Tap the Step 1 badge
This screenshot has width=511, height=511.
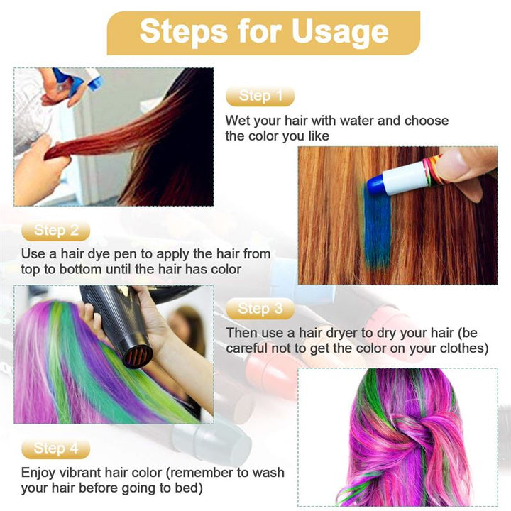click(x=260, y=96)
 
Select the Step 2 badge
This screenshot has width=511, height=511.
click(x=56, y=230)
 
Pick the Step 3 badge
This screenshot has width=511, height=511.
click(x=260, y=308)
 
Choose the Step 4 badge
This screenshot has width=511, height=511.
click(x=56, y=448)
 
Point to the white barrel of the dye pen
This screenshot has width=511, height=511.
click(x=407, y=177)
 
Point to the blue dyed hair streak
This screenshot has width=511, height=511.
click(x=378, y=227)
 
